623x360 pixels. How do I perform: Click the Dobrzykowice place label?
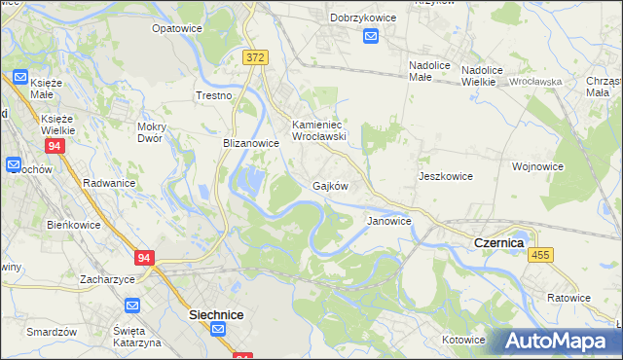(x=368, y=18)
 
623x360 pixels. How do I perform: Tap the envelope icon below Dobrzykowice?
(x=371, y=36)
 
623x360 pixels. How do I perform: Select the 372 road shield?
(x=255, y=58)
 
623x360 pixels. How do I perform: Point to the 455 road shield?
(x=542, y=254)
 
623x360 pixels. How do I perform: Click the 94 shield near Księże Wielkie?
(x=55, y=146)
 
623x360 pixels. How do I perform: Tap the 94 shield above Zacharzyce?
(x=145, y=258)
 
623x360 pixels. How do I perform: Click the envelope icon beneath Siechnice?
(x=219, y=331)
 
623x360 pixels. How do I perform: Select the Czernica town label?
(x=498, y=241)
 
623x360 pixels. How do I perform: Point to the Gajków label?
(x=330, y=185)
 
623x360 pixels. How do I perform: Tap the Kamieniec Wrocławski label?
(x=320, y=130)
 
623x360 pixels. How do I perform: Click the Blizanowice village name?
(x=251, y=142)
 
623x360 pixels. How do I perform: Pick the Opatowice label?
(x=176, y=28)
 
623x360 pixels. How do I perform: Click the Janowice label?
(x=388, y=221)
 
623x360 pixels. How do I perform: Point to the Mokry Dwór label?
(x=157, y=132)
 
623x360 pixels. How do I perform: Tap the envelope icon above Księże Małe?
(x=20, y=76)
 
